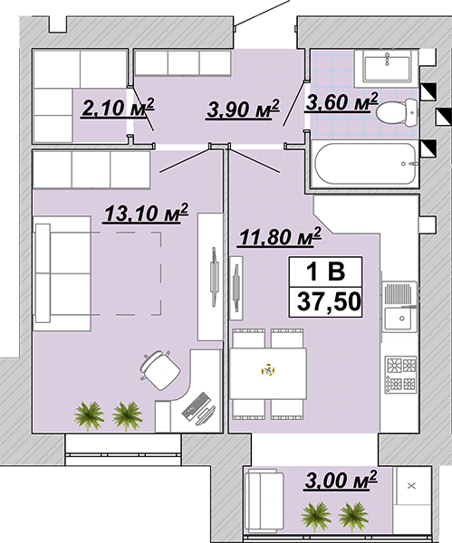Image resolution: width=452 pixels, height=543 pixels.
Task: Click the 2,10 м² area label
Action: (x=117, y=108)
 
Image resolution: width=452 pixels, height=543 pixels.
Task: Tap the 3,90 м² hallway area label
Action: (x=243, y=110)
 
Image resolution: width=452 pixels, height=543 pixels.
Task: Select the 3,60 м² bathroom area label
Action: (x=341, y=102)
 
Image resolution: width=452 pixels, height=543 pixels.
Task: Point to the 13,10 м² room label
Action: (x=146, y=213)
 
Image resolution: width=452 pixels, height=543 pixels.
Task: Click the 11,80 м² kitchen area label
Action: (x=279, y=237)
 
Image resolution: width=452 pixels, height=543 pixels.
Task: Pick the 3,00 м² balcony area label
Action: (x=341, y=480)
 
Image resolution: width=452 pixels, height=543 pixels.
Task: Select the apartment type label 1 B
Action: (x=326, y=271)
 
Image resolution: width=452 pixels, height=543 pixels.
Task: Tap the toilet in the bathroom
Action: (x=397, y=112)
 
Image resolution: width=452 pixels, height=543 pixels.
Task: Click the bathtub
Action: (x=365, y=164)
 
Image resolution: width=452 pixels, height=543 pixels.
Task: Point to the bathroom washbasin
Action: (x=387, y=68)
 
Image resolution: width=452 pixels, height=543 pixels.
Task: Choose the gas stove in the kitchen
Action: (x=401, y=375)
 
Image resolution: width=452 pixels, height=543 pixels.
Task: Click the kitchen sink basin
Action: (x=400, y=319)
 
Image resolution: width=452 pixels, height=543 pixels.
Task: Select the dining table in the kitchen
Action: (x=268, y=374)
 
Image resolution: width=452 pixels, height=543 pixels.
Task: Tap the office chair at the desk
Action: (x=159, y=370)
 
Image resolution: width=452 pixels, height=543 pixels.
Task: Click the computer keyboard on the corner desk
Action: (x=197, y=406)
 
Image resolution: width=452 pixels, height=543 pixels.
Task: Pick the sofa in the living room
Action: (x=63, y=273)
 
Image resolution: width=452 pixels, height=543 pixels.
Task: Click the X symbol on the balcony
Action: (x=411, y=486)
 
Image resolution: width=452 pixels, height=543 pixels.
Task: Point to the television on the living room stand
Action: (x=214, y=277)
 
